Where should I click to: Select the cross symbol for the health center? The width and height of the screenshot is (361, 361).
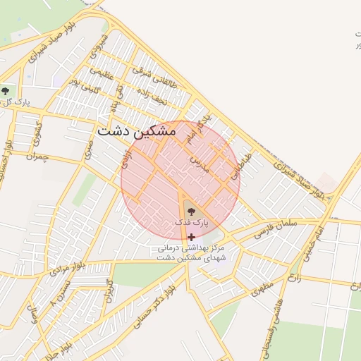tap(192, 238)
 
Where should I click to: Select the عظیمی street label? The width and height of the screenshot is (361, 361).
tap(102, 72)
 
